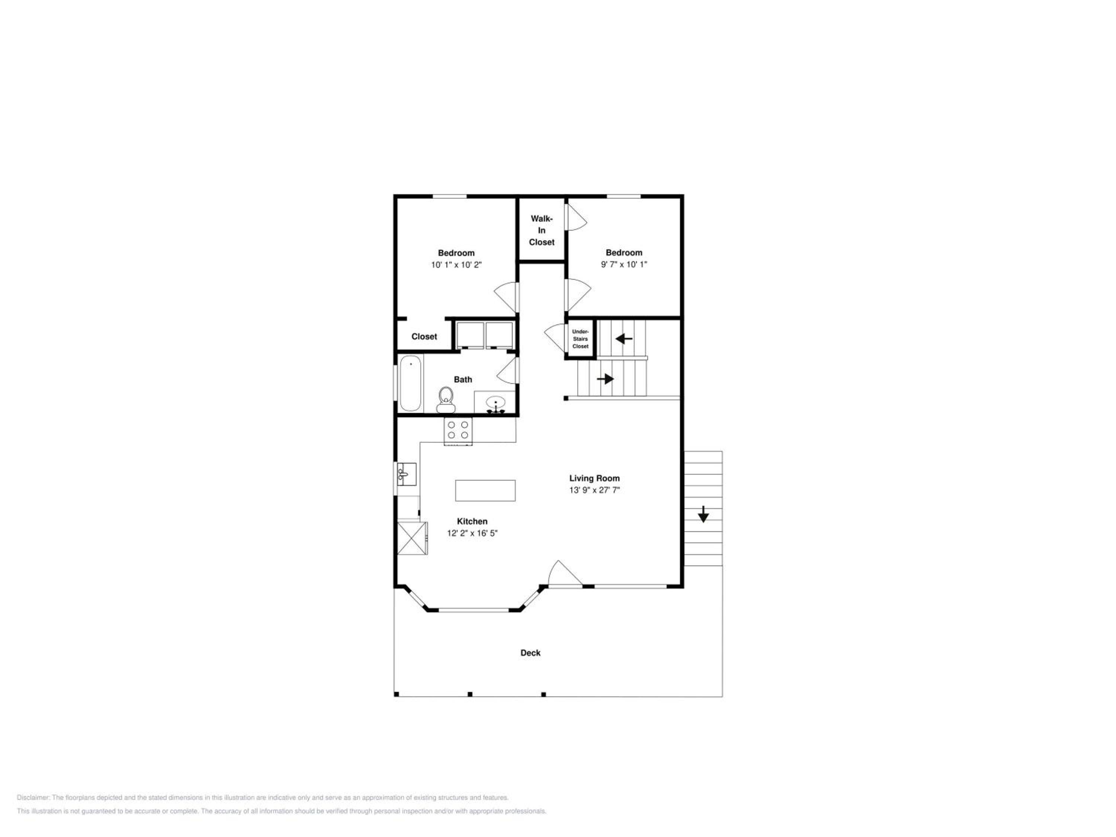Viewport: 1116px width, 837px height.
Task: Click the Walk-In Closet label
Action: pyautogui.click(x=541, y=231)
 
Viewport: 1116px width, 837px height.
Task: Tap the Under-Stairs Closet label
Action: pyautogui.click(x=580, y=339)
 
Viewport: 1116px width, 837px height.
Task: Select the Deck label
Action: pyautogui.click(x=530, y=653)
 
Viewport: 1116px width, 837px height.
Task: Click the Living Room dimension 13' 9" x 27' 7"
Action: pyautogui.click(x=594, y=490)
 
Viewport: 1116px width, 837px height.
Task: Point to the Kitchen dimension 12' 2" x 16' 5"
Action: pyautogui.click(x=472, y=533)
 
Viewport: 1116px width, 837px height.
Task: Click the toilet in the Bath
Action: pyautogui.click(x=446, y=400)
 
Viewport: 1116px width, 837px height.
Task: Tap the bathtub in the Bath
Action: pyautogui.click(x=411, y=384)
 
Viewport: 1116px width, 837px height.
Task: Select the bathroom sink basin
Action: pyautogui.click(x=496, y=403)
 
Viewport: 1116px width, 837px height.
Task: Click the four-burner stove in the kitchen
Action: pyautogui.click(x=458, y=432)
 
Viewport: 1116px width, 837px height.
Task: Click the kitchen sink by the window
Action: pyautogui.click(x=407, y=474)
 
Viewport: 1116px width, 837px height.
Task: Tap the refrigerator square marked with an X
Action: pyautogui.click(x=412, y=538)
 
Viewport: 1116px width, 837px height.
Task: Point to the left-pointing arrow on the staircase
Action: pyautogui.click(x=624, y=339)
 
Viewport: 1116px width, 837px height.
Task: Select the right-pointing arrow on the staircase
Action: pyautogui.click(x=605, y=378)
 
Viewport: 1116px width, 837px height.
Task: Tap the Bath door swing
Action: pyautogui.click(x=507, y=371)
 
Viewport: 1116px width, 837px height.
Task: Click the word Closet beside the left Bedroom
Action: pyautogui.click(x=424, y=337)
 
